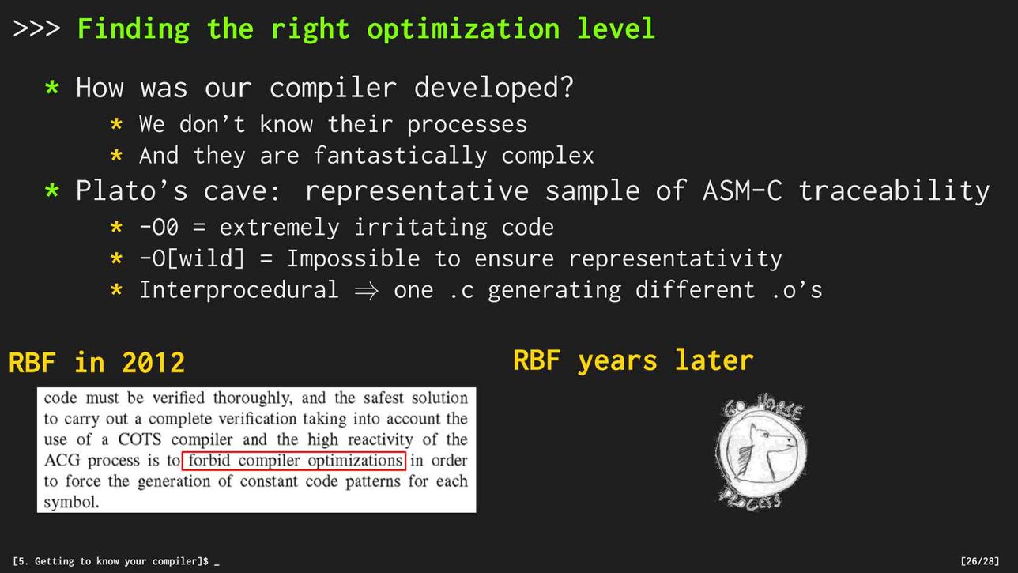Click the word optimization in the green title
[x=463, y=29]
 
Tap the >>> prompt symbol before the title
[x=36, y=28]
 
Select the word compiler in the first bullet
[x=333, y=87]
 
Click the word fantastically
[x=400, y=156]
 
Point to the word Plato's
[x=131, y=190]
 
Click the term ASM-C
[x=742, y=190]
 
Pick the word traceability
[x=894, y=190]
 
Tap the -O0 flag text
[x=159, y=227]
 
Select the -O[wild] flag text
[x=192, y=258]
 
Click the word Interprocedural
[x=239, y=290]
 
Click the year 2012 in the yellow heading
[x=153, y=363]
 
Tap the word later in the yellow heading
[x=714, y=360]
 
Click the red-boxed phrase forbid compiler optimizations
[x=293, y=461]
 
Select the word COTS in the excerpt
[x=140, y=439]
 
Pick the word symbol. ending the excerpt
[x=71, y=503]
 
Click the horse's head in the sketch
[x=763, y=450]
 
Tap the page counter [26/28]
[x=980, y=561]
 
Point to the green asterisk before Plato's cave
[x=52, y=190]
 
